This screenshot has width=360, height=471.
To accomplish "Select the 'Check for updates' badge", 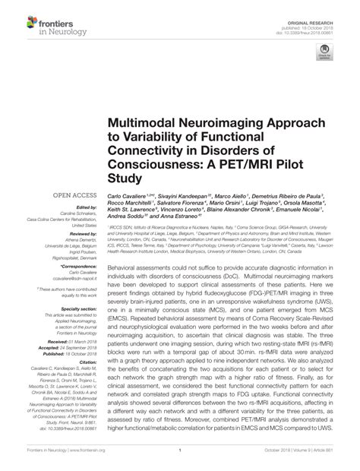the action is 326,52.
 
